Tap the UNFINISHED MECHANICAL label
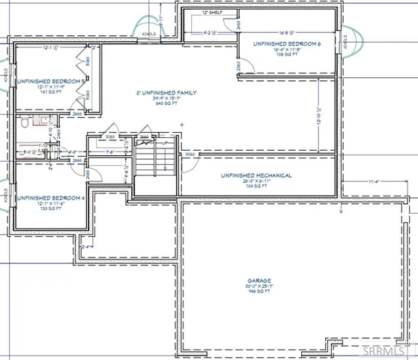255,175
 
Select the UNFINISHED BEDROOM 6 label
287,44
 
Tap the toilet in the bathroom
25,121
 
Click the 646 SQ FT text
166,103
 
